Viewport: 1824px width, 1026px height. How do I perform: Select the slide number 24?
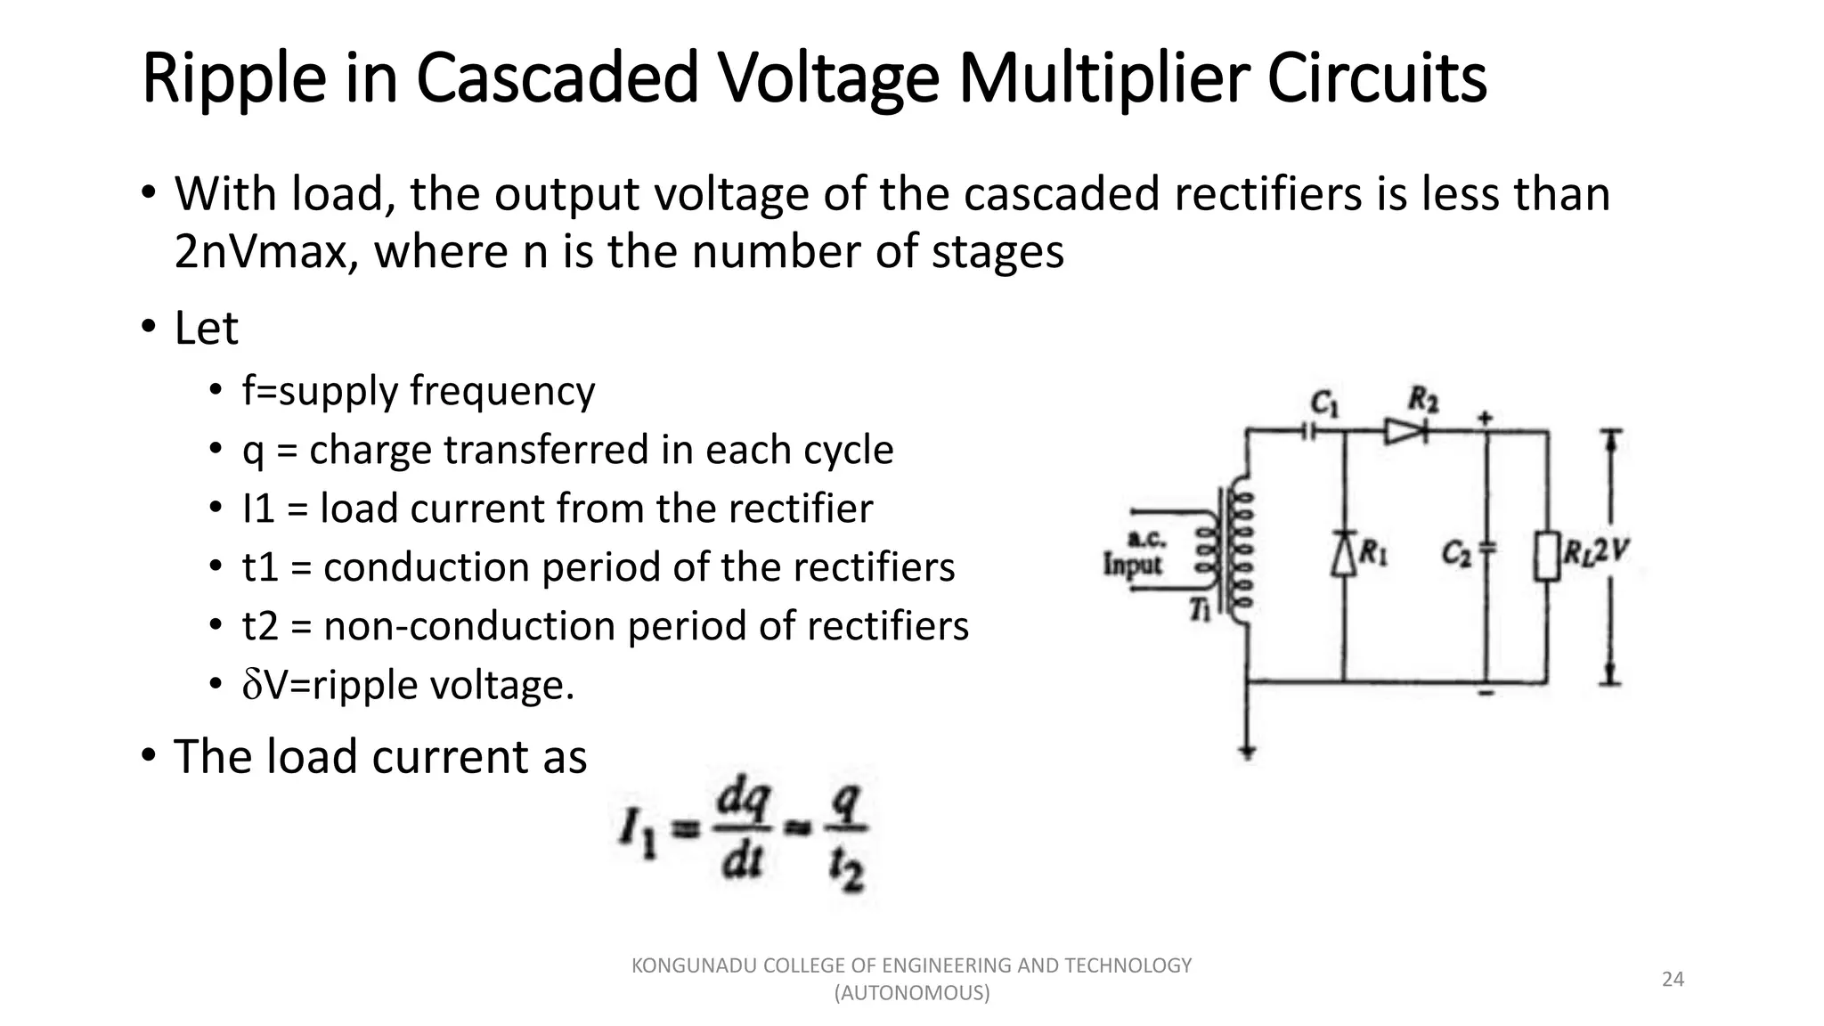[1673, 980]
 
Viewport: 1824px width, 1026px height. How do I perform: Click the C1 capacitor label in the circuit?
[1325, 404]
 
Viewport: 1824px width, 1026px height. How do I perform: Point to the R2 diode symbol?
[1405, 431]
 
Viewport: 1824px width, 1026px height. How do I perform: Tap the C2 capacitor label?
[1457, 554]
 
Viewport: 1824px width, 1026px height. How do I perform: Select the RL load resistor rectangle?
[1548, 556]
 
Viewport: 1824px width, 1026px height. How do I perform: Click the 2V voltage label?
[1611, 552]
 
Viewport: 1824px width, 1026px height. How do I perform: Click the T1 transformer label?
[1201, 609]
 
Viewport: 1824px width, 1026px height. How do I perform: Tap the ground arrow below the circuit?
[1248, 751]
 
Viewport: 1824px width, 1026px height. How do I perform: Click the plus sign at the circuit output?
[1486, 416]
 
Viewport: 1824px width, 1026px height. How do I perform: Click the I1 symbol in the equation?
[638, 834]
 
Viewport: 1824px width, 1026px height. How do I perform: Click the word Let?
[206, 329]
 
